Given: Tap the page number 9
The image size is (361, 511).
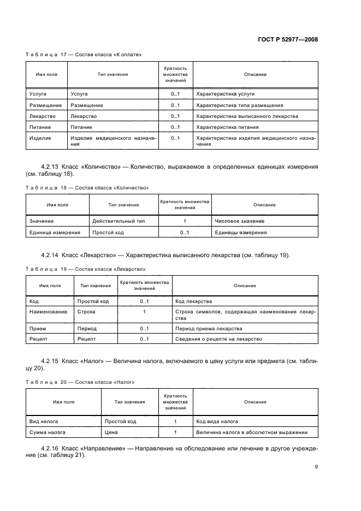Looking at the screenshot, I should [316, 467].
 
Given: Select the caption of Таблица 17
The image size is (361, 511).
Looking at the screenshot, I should [84, 55].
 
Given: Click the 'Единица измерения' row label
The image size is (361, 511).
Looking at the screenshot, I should [55, 233].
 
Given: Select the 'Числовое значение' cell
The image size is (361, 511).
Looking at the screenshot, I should [239, 221].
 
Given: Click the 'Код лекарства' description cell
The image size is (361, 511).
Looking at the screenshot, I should [193, 301].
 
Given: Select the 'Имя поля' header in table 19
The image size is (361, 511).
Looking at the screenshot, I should [50, 286].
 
